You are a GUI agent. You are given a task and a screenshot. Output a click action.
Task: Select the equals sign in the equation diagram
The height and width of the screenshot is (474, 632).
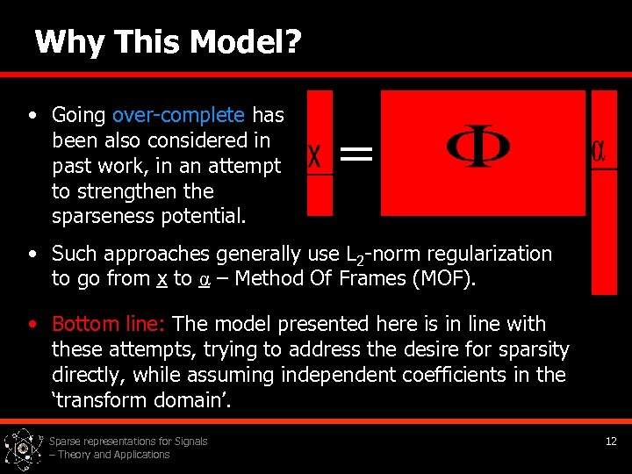click(355, 156)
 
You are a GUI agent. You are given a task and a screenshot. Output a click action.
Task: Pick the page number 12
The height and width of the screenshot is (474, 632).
click(611, 442)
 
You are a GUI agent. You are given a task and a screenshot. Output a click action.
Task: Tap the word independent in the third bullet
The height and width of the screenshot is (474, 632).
click(342, 375)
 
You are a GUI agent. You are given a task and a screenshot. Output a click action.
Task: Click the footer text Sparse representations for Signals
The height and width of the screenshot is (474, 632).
click(128, 442)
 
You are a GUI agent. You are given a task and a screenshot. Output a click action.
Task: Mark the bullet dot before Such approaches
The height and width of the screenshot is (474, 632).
click(32, 254)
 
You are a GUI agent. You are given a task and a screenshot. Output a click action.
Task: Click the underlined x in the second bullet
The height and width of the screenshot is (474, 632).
click(162, 279)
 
